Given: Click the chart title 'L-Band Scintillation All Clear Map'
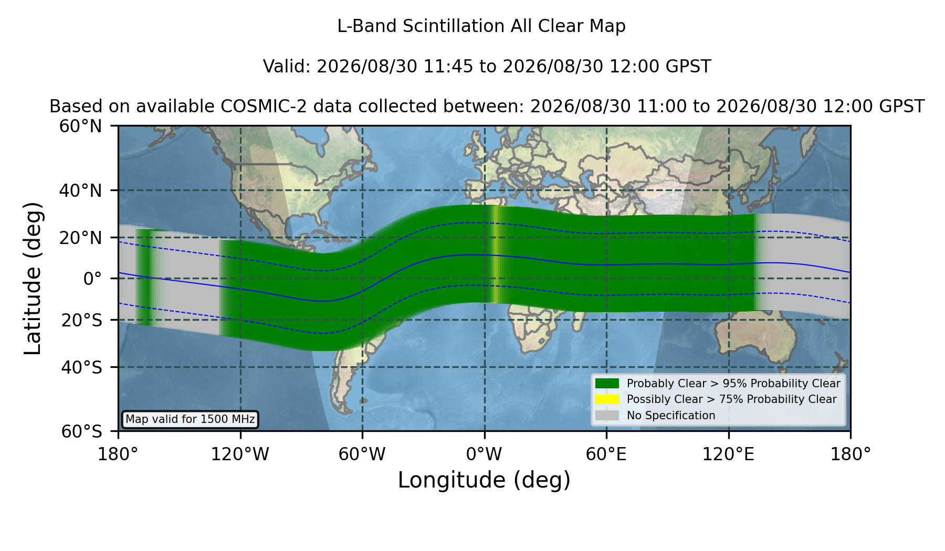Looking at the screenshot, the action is [x=481, y=26].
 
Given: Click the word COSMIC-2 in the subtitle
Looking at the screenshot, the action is [x=256, y=107].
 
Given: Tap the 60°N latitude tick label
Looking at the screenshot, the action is [x=81, y=126].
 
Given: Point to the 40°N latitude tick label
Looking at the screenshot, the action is [x=81, y=190].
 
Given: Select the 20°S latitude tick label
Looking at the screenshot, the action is [x=82, y=320].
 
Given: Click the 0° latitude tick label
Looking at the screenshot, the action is [x=92, y=279].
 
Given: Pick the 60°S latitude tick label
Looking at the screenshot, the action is [x=82, y=431].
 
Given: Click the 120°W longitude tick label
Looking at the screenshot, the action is [x=240, y=454].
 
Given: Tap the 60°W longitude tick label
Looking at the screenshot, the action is [x=362, y=454].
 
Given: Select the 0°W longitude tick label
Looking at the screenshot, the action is [x=485, y=454].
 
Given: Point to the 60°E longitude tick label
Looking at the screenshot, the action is [x=606, y=454].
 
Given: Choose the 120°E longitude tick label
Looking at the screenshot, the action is [x=729, y=454].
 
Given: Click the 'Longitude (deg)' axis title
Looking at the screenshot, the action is [x=484, y=480].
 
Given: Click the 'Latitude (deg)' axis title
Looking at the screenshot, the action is [x=33, y=279].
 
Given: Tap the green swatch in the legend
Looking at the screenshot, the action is [x=607, y=384].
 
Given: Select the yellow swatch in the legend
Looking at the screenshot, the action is [x=607, y=399].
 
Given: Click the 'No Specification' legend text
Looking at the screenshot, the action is [x=671, y=416].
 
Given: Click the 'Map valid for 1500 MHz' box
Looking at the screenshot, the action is [x=190, y=419].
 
